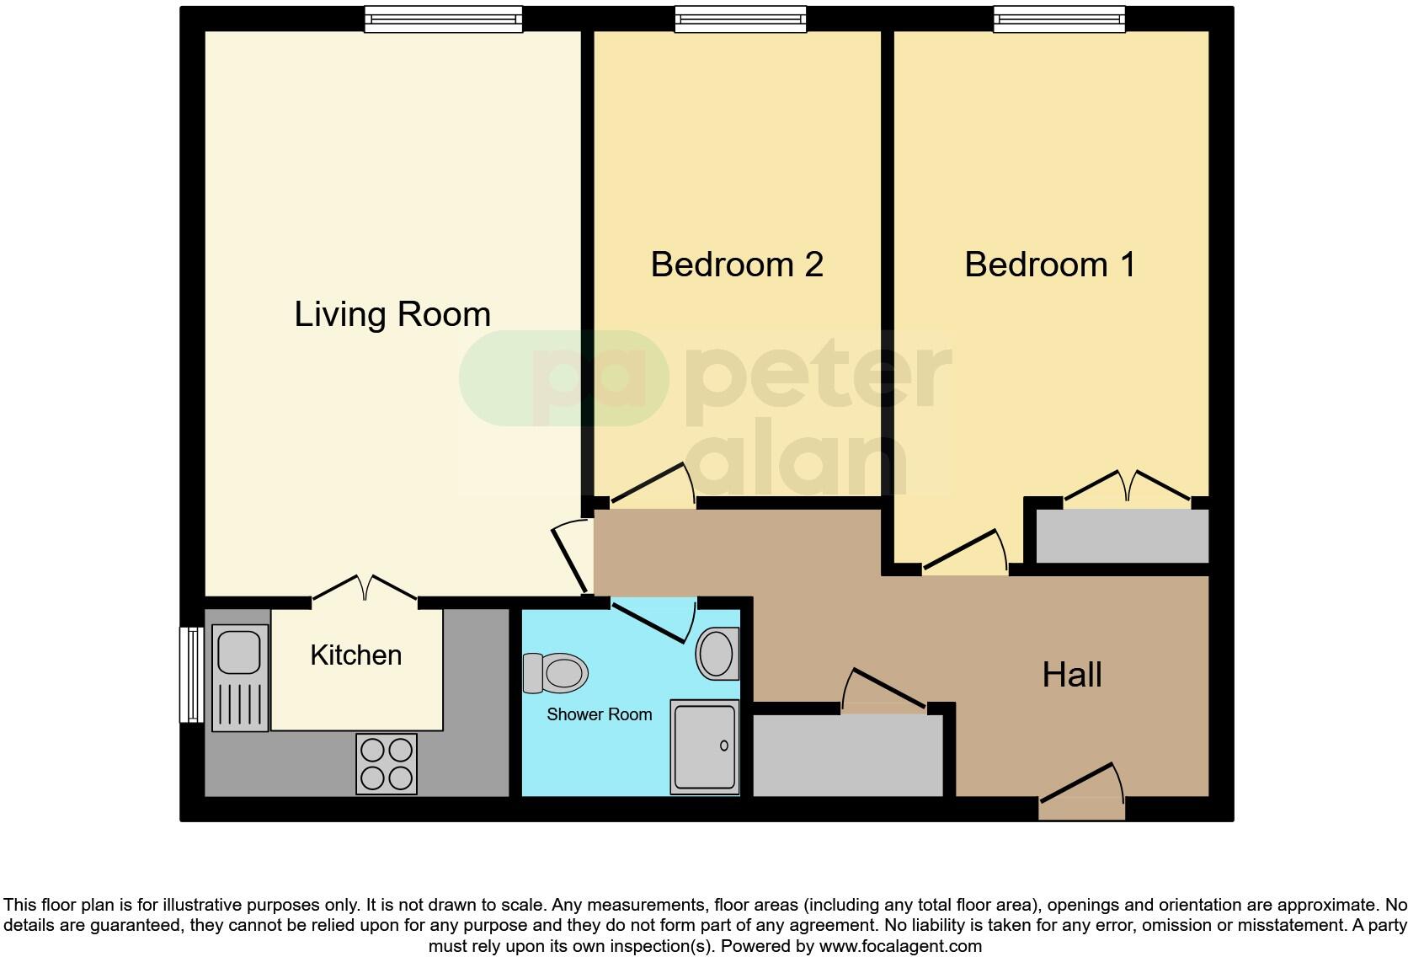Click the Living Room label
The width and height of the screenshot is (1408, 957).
pos(392,315)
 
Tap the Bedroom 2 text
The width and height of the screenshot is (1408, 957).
pos(737,264)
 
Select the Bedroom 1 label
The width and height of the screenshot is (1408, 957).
pos(1050,264)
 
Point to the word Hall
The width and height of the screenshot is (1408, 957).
pos(1072,675)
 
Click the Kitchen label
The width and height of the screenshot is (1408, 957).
pos(355,655)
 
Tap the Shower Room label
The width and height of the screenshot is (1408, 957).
pos(599,714)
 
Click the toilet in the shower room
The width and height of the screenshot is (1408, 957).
pos(556,673)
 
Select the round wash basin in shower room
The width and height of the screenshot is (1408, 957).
pos(717,653)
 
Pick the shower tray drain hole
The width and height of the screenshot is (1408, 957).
pos(724,746)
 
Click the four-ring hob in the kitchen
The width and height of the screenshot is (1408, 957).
pos(387,764)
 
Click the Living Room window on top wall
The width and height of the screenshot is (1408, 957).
pos(444,19)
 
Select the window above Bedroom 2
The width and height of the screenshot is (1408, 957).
pos(740,19)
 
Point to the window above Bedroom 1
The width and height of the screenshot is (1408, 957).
pos(1059,19)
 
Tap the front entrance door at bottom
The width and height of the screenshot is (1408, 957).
pos(1082,792)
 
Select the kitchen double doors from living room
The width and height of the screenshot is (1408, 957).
pos(365,589)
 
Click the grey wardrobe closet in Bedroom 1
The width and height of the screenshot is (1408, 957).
pos(1122,536)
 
